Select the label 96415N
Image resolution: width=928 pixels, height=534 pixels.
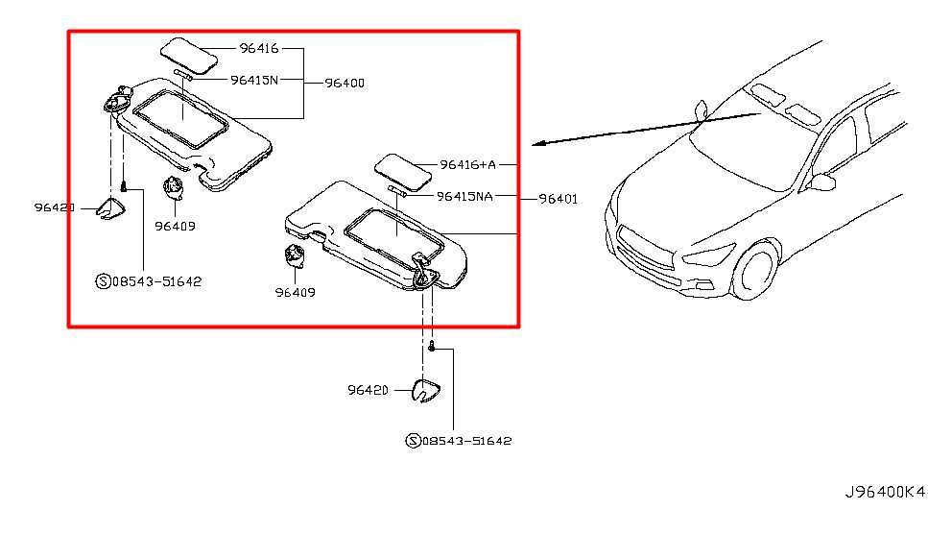pyautogui.click(x=253, y=80)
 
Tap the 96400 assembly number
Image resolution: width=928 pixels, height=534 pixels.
pyautogui.click(x=344, y=83)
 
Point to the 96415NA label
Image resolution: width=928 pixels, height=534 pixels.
pyautogui.click(x=464, y=196)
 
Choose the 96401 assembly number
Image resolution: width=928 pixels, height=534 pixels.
pyautogui.click(x=558, y=199)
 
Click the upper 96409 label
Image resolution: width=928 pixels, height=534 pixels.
pyautogui.click(x=174, y=228)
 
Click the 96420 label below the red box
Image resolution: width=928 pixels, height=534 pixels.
pyautogui.click(x=369, y=390)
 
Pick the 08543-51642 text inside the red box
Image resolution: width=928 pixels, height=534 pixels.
pyautogui.click(x=155, y=281)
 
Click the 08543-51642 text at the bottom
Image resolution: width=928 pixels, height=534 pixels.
pyautogui.click(x=465, y=441)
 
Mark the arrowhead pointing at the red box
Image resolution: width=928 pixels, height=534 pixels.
pyautogui.click(x=539, y=144)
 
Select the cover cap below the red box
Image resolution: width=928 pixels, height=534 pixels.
pyautogui.click(x=426, y=390)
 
